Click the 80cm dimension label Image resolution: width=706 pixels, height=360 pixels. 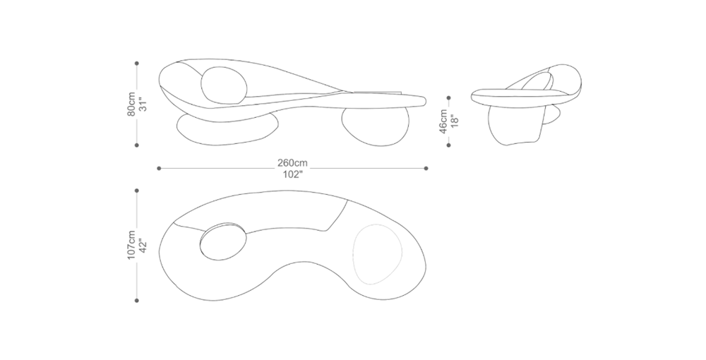tap(131, 104)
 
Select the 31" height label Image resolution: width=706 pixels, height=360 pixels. tap(143, 104)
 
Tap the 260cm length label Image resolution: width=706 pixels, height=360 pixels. tap(292, 163)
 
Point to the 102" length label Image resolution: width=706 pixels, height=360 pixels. tap(292, 174)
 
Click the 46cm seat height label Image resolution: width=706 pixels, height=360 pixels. tap(443, 121)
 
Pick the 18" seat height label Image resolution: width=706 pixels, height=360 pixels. tap(455, 121)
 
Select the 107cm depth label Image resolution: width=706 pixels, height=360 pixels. tap(131, 245)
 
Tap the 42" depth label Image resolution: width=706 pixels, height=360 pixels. tap(143, 245)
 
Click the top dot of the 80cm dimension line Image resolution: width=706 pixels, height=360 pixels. tap(137, 64)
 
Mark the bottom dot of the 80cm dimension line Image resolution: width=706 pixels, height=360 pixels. tap(137, 145)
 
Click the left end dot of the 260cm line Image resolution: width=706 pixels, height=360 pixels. tap(159, 168)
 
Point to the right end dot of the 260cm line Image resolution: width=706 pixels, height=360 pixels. tap(426, 168)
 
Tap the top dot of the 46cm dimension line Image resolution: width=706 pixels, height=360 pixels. tap(449, 97)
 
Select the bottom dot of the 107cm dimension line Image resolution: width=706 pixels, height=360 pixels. tap(137, 300)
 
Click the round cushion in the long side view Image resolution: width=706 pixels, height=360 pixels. tap(225, 85)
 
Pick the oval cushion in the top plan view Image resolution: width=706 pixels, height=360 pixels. tap(223, 241)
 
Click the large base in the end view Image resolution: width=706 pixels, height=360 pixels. tap(515, 126)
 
